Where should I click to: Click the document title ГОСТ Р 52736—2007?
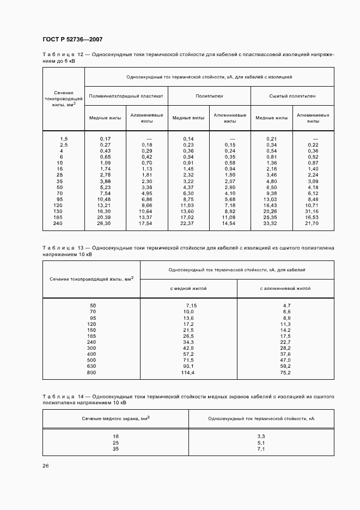tap(72, 40)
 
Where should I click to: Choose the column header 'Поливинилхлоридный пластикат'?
tap(126, 95)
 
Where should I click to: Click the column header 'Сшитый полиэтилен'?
tap(292, 95)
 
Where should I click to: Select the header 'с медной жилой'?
tap(188, 288)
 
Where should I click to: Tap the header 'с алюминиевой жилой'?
tap(285, 288)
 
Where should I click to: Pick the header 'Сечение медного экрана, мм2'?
tap(115, 418)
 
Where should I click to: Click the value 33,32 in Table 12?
tap(271, 223)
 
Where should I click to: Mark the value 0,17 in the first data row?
tap(105, 138)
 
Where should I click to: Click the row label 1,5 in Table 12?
tap(64, 138)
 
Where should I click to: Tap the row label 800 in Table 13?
tap(92, 373)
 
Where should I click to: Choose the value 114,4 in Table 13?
tap(188, 373)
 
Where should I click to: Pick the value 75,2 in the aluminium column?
tap(285, 373)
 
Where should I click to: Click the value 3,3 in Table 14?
tap(261, 436)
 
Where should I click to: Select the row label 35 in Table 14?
tap(115, 449)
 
